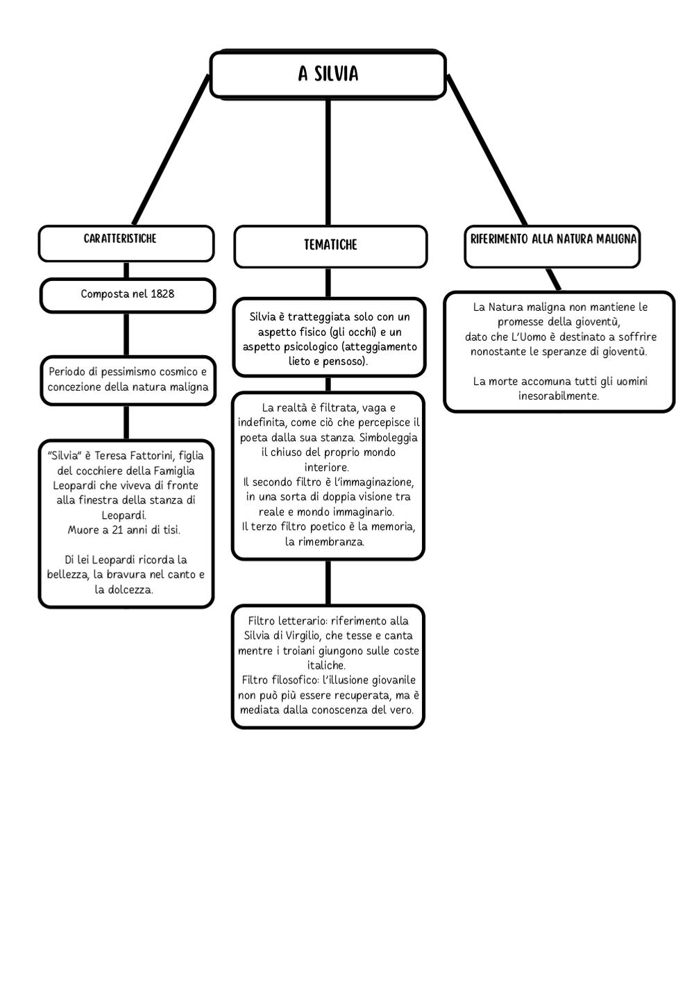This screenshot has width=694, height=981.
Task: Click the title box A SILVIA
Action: [328, 74]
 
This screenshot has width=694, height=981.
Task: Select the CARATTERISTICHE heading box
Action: [126, 244]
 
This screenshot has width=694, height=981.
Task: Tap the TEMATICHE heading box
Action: [330, 246]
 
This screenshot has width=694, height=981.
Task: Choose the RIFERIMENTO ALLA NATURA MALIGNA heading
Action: [553, 239]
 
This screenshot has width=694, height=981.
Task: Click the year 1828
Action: [162, 293]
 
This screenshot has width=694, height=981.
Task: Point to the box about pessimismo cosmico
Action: [128, 380]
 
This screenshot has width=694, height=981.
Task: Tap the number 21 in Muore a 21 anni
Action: [117, 530]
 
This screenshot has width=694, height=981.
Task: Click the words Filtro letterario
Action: [287, 620]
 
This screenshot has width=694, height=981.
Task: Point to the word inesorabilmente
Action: [558, 396]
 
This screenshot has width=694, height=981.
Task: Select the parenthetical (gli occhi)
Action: [353, 332]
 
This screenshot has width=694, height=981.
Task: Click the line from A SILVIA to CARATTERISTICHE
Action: [171, 149]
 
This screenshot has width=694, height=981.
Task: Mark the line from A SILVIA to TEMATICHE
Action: [328, 162]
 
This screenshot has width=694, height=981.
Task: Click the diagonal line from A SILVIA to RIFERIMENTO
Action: [486, 149]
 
